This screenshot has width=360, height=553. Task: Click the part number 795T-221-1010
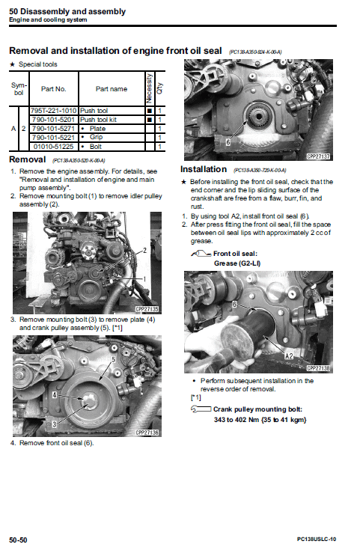pos(54,111)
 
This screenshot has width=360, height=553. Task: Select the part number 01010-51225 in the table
pos(54,145)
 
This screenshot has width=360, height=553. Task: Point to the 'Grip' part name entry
pos(96,137)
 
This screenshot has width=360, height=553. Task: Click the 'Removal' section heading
pos(28,159)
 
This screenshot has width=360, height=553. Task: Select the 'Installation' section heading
pos(203,169)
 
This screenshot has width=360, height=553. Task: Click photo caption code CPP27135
pos(148,308)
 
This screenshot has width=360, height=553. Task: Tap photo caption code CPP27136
pos(148,433)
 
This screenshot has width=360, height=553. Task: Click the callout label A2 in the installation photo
pos(289,356)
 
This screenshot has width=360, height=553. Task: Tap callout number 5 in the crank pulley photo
pos(113,359)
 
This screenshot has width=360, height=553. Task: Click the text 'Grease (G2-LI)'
pos(237,263)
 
